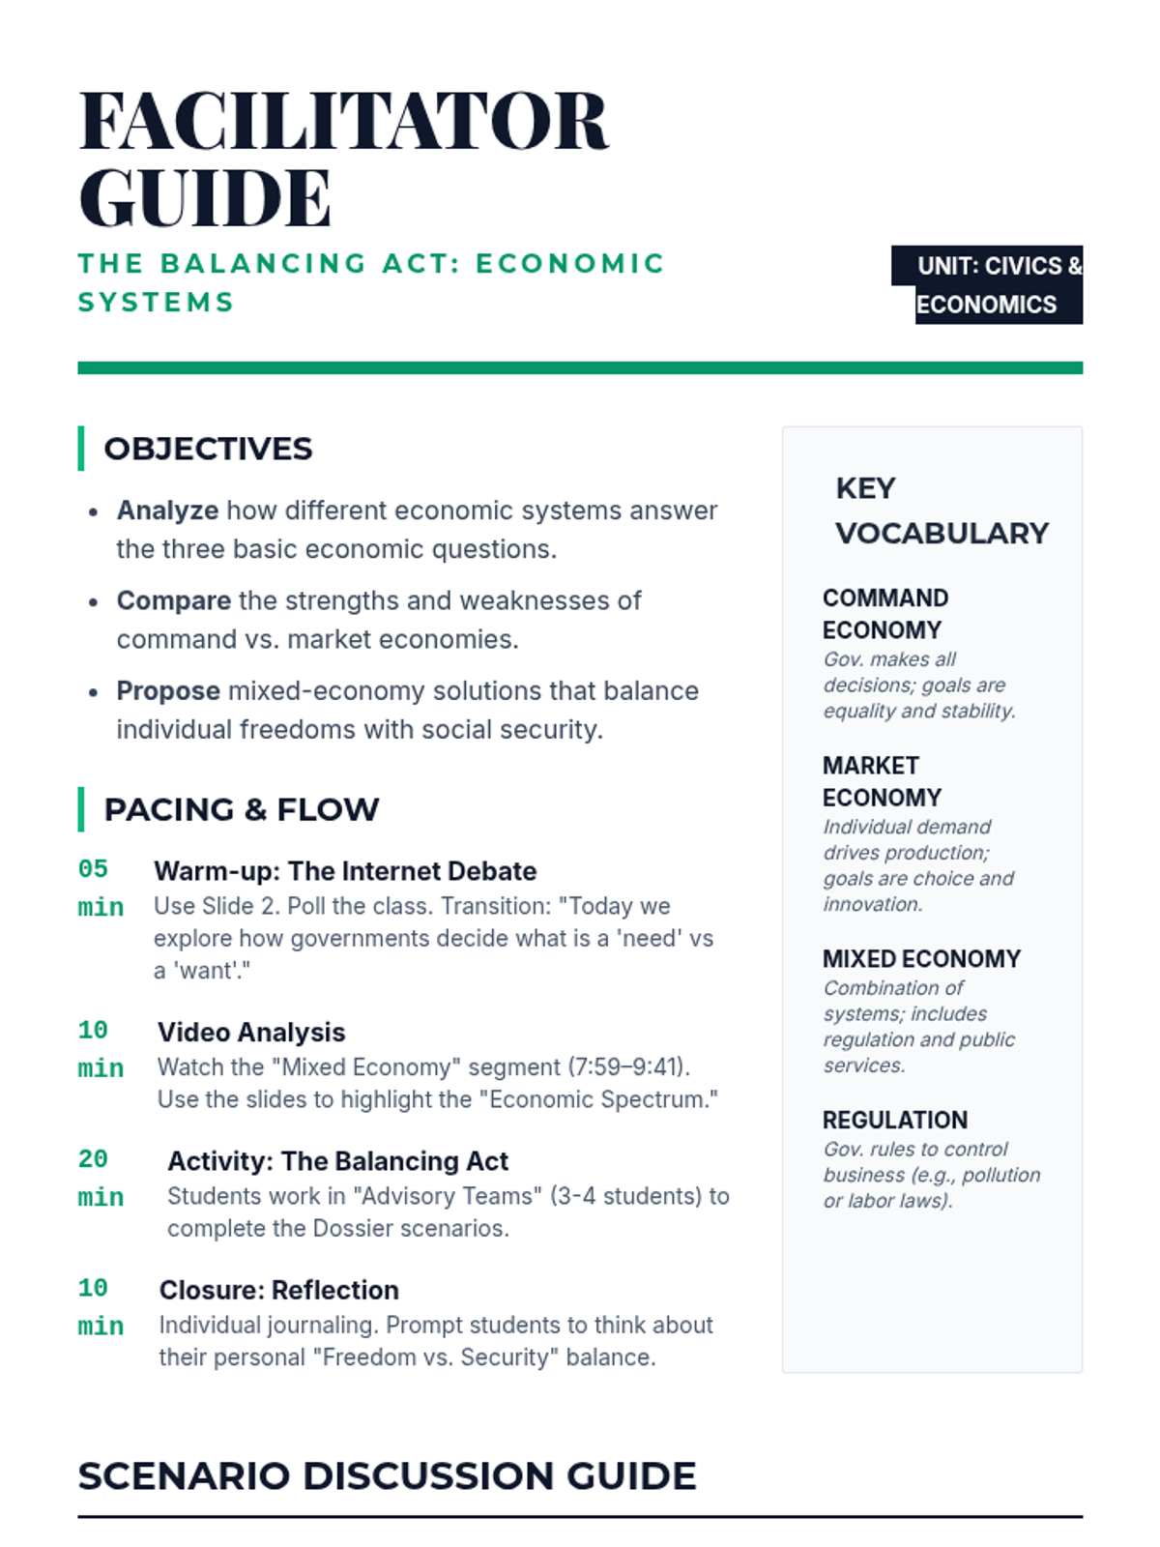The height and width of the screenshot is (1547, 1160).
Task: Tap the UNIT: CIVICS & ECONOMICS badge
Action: (x=987, y=284)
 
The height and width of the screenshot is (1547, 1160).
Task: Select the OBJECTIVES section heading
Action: (x=208, y=449)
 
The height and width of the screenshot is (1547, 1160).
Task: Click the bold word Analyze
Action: (x=167, y=510)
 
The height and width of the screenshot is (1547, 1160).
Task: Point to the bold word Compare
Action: (x=174, y=600)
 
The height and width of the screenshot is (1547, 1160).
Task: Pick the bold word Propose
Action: (x=168, y=690)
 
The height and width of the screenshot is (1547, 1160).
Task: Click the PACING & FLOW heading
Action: (x=241, y=809)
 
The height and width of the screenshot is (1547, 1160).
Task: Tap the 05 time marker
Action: (x=93, y=868)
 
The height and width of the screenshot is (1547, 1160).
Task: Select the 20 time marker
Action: (x=93, y=1158)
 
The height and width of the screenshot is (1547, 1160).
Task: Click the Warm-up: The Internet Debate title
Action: (x=345, y=871)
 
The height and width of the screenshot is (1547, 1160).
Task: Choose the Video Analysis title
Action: (x=251, y=1032)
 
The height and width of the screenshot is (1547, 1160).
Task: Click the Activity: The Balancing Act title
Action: (x=337, y=1160)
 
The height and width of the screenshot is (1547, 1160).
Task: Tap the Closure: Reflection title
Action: (x=278, y=1290)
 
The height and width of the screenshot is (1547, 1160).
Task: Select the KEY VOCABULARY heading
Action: (x=942, y=511)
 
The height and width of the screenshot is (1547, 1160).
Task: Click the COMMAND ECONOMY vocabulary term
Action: (x=884, y=614)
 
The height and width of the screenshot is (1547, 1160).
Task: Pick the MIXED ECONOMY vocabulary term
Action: (x=921, y=958)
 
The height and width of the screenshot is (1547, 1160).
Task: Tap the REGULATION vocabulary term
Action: (x=894, y=1120)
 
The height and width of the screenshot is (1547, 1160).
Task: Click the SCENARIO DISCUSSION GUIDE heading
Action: (x=387, y=1475)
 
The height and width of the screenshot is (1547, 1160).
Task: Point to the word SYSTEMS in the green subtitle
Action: (x=157, y=303)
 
